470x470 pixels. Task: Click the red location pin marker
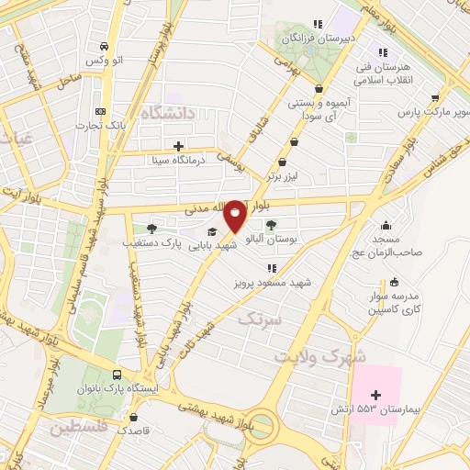(235, 215)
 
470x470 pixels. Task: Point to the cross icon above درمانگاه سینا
(178, 145)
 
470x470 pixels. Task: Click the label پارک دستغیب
(151, 244)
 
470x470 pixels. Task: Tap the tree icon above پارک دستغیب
(151, 229)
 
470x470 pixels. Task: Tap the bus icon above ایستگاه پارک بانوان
(117, 375)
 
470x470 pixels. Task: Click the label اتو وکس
(105, 61)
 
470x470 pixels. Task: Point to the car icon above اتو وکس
(105, 46)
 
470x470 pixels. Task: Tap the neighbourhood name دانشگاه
(168, 113)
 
